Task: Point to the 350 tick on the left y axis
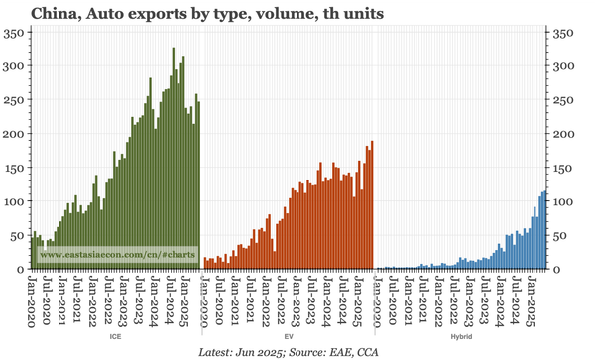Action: coord(16,33)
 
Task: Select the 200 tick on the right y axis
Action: coord(564,134)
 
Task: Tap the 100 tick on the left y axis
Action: coord(16,201)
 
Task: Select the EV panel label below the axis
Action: coord(287,337)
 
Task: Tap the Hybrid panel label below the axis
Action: coord(461,337)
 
